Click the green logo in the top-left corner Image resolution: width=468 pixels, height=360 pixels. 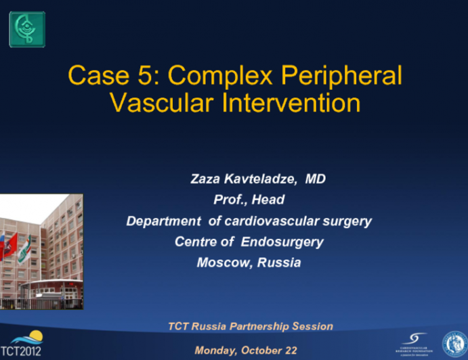tap(26, 29)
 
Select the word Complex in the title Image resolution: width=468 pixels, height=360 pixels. tap(232, 76)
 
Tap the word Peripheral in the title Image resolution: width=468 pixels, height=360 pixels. tap(350, 76)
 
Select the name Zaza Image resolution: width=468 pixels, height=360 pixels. tap(207, 179)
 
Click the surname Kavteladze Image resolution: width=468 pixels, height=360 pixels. tap(263, 179)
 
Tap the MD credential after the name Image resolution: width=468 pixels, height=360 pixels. tap(316, 179)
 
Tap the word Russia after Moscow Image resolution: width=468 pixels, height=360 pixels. tap(279, 263)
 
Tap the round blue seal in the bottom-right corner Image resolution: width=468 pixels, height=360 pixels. tap(454, 344)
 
